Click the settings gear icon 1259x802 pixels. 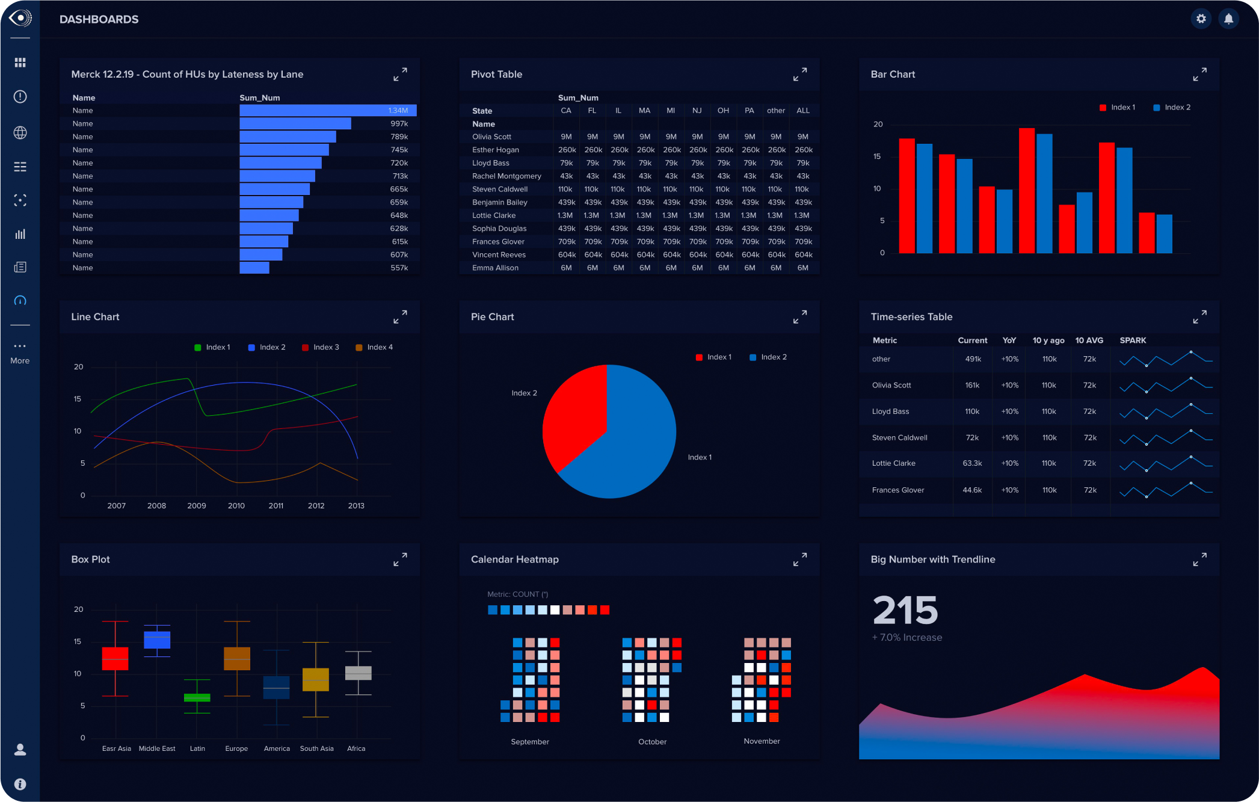pyautogui.click(x=1201, y=19)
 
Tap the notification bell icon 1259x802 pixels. pyautogui.click(x=1228, y=19)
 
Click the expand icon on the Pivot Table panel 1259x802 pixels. pyautogui.click(x=799, y=75)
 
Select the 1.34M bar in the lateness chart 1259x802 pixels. pyautogui.click(x=327, y=110)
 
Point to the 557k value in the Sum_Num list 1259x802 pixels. pyautogui.click(x=399, y=268)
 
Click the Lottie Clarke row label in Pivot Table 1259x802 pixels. pyautogui.click(x=494, y=215)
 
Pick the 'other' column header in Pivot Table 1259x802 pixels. pyautogui.click(x=775, y=111)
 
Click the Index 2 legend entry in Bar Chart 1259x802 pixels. pyautogui.click(x=1171, y=108)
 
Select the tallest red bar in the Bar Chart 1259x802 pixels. pyautogui.click(x=1026, y=190)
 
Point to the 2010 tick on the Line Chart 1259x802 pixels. pyautogui.click(x=236, y=506)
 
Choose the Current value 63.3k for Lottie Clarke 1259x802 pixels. pyautogui.click(x=972, y=463)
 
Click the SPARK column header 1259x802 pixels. pyautogui.click(x=1133, y=341)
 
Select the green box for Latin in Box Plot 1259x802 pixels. pyautogui.click(x=197, y=697)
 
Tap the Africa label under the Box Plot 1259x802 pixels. pyautogui.click(x=356, y=749)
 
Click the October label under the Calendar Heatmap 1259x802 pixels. pyautogui.click(x=652, y=742)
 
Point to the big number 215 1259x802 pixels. pyautogui.click(x=905, y=610)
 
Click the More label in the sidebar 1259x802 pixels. pyautogui.click(x=20, y=361)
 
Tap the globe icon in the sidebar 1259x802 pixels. pyautogui.click(x=20, y=132)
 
